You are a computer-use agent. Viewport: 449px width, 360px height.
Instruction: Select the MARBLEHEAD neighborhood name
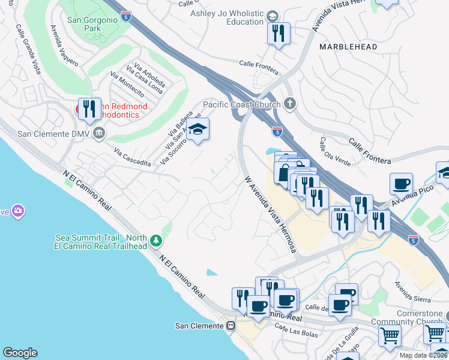348,47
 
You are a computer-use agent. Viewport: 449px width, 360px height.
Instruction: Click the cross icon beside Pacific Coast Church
290,104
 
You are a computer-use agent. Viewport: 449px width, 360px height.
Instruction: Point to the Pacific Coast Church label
241,104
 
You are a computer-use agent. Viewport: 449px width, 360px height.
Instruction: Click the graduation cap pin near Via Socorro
197,129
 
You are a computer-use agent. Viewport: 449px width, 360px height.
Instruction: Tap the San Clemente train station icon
230,326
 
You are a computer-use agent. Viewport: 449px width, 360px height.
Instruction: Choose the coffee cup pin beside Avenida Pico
401,184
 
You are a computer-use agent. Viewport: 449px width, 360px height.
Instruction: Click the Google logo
20,353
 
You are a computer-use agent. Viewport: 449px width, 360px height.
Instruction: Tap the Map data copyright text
424,355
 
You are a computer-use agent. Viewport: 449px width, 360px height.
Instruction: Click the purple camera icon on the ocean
18,211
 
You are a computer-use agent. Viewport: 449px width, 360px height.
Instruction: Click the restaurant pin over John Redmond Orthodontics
89,109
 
